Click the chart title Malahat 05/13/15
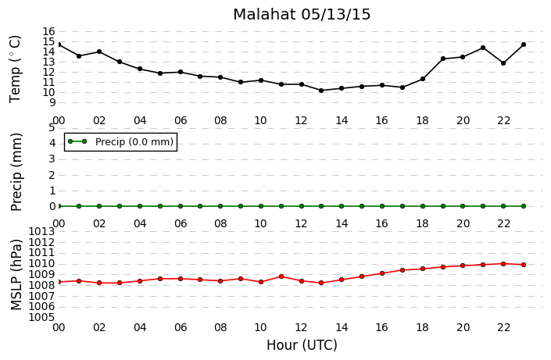pyautogui.click(x=302, y=15)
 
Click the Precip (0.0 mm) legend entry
pyautogui.click(x=121, y=142)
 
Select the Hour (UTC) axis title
pyautogui.click(x=302, y=345)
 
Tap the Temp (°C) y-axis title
pyautogui.click(x=16, y=69)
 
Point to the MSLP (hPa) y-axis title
pyautogui.click(x=16, y=275)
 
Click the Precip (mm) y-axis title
pyautogui.click(x=16, y=172)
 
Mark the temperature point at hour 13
pyautogui.click(x=321, y=91)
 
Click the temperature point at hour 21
pyautogui.click(x=483, y=48)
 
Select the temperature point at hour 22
pyautogui.click(x=503, y=63)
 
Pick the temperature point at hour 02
pyautogui.click(x=99, y=52)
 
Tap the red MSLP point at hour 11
pyautogui.click(x=281, y=276)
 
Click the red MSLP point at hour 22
pyautogui.click(x=503, y=264)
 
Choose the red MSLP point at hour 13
pyautogui.click(x=321, y=283)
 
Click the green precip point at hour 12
pyautogui.click(x=302, y=206)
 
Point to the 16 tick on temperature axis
pyautogui.click(x=49, y=31)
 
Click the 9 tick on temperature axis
pyautogui.click(x=52, y=103)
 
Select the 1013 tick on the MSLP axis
pyautogui.click(x=41, y=231)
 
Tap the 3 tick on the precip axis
pyautogui.click(x=52, y=159)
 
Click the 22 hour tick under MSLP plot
pyautogui.click(x=503, y=327)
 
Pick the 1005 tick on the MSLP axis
pyautogui.click(x=41, y=318)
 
